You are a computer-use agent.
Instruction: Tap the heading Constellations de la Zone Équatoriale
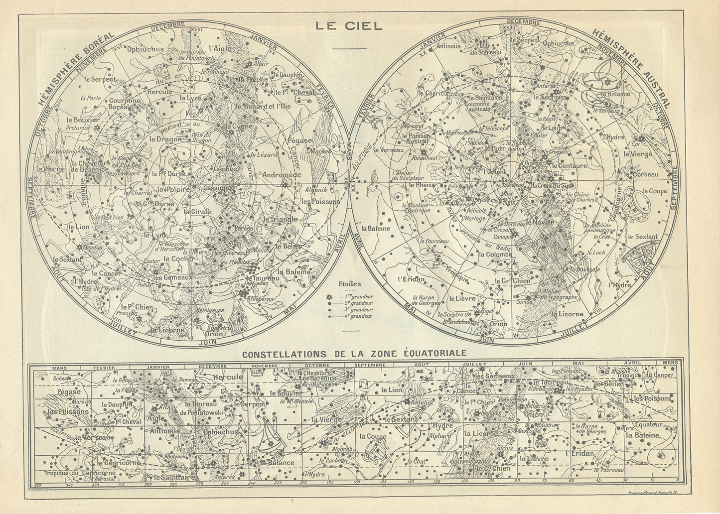tap(354, 353)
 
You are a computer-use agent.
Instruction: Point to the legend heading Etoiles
tap(350, 284)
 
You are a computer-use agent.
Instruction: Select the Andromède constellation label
tap(282, 175)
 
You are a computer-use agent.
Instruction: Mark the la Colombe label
tap(495, 254)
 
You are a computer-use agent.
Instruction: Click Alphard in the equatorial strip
tap(439, 435)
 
